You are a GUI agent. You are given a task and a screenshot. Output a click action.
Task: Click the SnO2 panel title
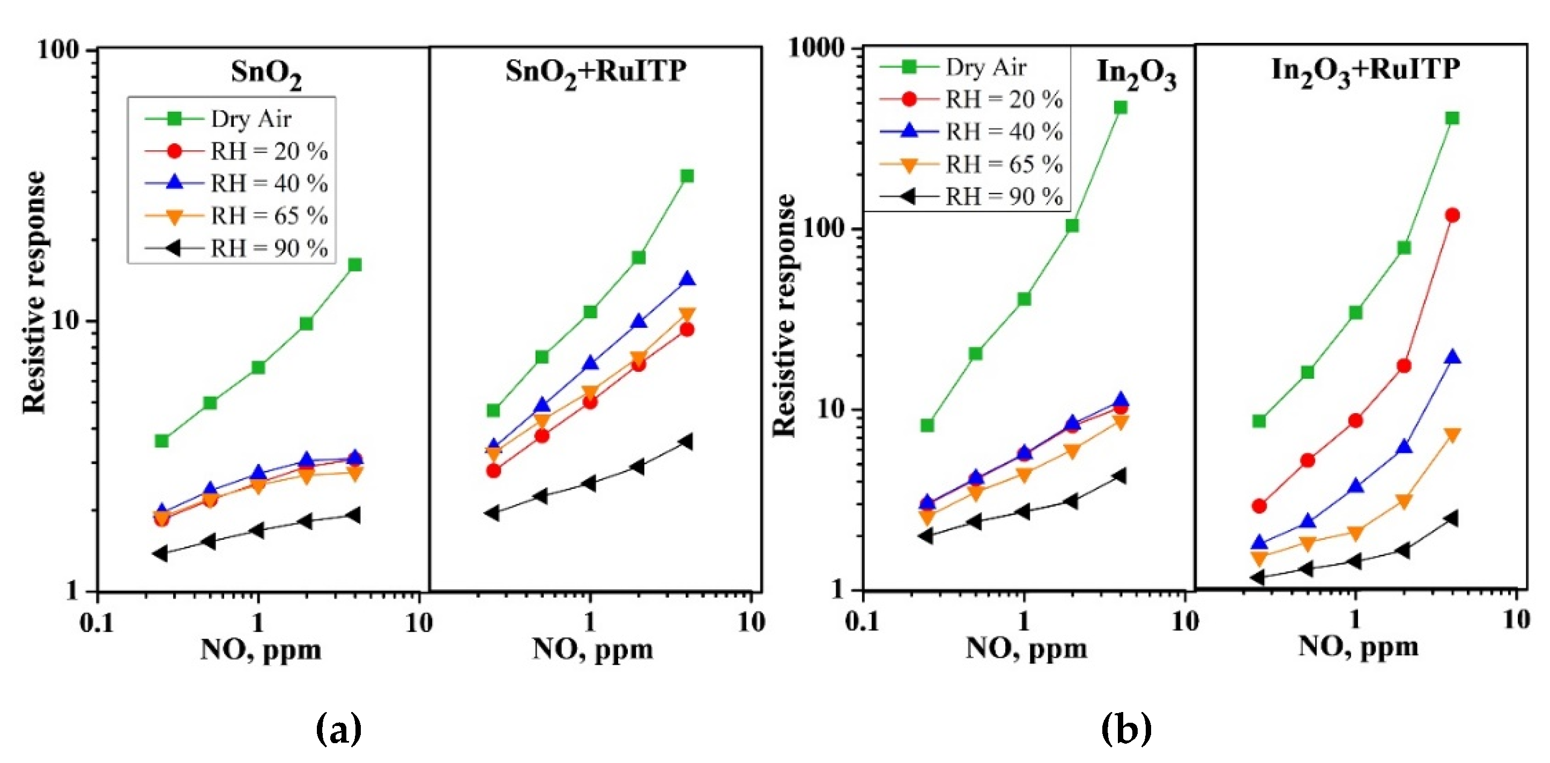[x=266, y=74]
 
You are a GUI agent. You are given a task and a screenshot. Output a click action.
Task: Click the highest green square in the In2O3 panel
[x=1120, y=108]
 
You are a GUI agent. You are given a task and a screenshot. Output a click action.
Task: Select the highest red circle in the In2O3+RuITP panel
[x=1452, y=216]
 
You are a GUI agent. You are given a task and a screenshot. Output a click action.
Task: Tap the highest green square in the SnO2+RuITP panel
[x=687, y=176]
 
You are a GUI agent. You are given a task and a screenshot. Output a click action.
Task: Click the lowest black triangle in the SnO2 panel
[x=160, y=553]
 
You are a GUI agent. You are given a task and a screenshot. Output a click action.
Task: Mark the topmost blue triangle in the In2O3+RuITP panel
[x=1452, y=358]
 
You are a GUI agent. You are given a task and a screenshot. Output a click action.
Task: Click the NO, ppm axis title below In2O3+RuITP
[x=1358, y=648]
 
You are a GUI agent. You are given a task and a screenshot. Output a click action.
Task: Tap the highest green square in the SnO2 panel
[x=354, y=265]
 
